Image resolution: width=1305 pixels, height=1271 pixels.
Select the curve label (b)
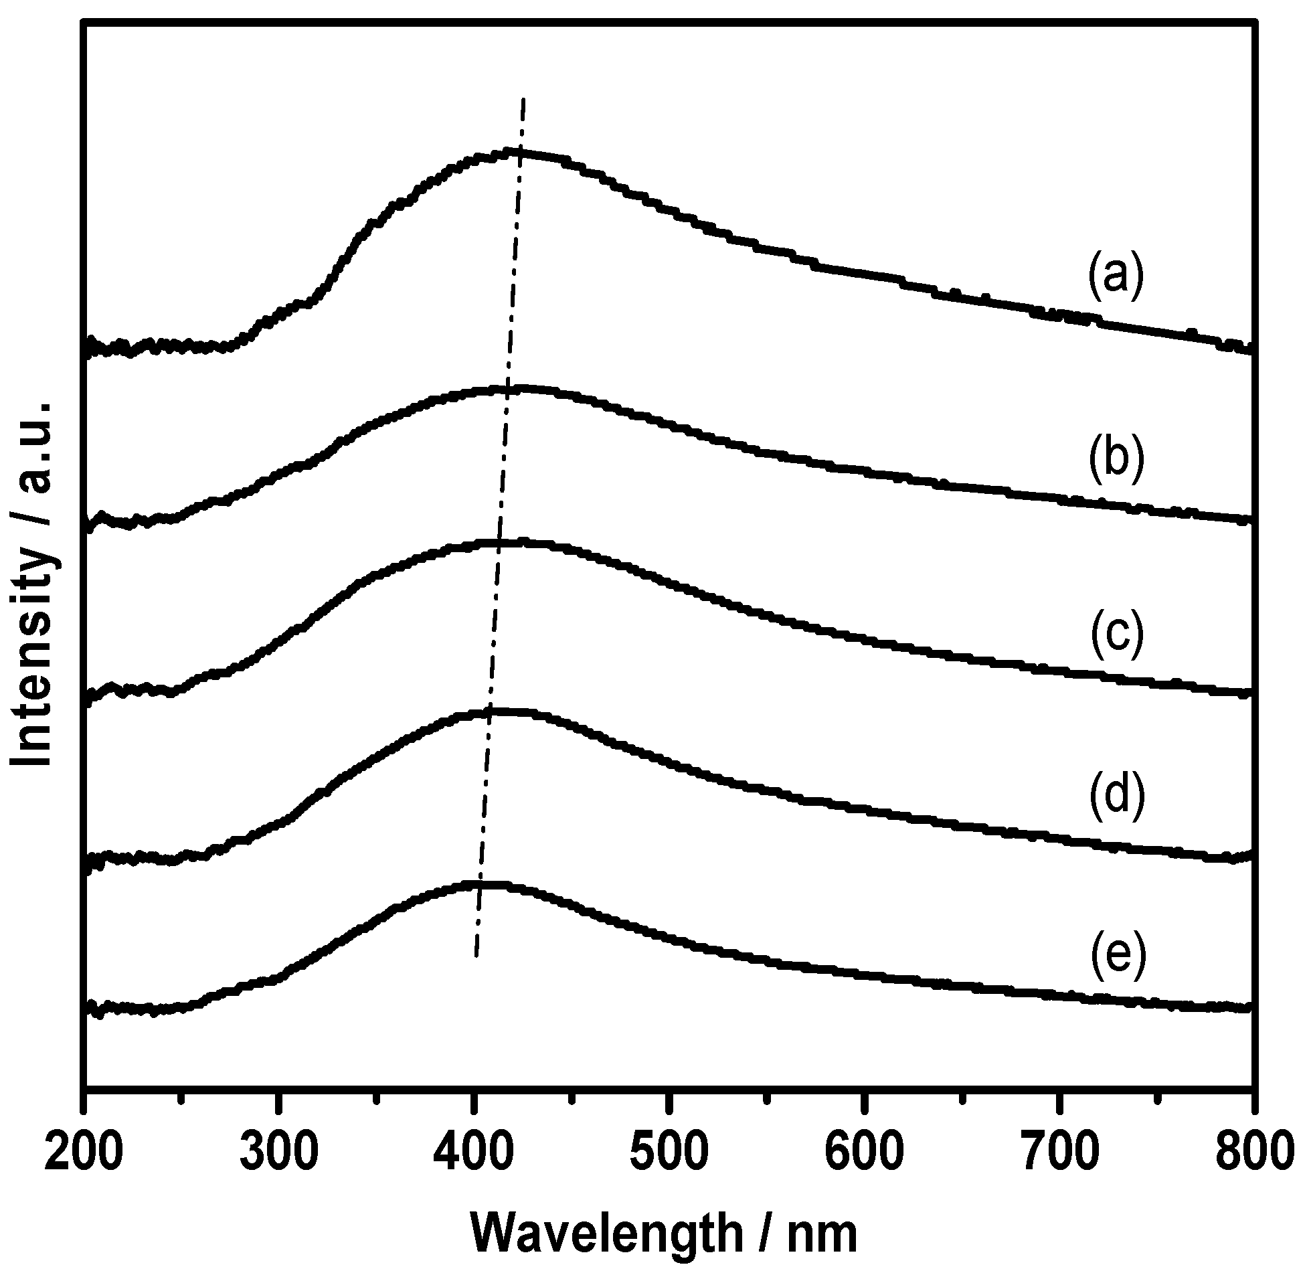click(1117, 461)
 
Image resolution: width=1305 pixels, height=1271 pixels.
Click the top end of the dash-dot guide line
click(523, 99)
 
